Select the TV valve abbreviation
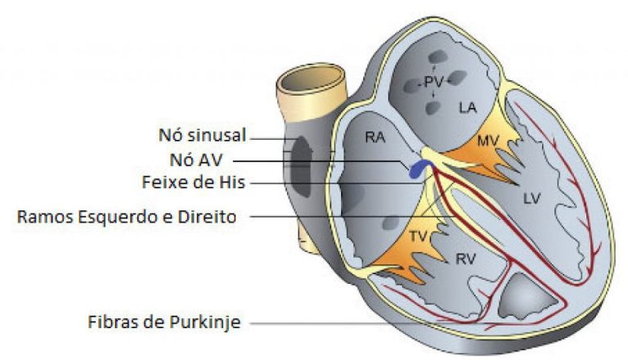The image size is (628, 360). pyautogui.click(x=417, y=236)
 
